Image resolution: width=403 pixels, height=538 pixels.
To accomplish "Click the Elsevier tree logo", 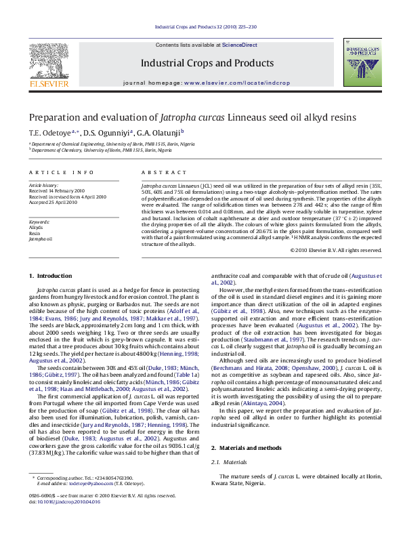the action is (x=49, y=60).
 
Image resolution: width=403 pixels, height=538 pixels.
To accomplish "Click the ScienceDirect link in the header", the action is (x=240, y=45).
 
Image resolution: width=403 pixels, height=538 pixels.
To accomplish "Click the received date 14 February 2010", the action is (x=67, y=190).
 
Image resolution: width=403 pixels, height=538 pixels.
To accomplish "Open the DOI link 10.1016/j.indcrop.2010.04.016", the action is (x=69, y=502).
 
